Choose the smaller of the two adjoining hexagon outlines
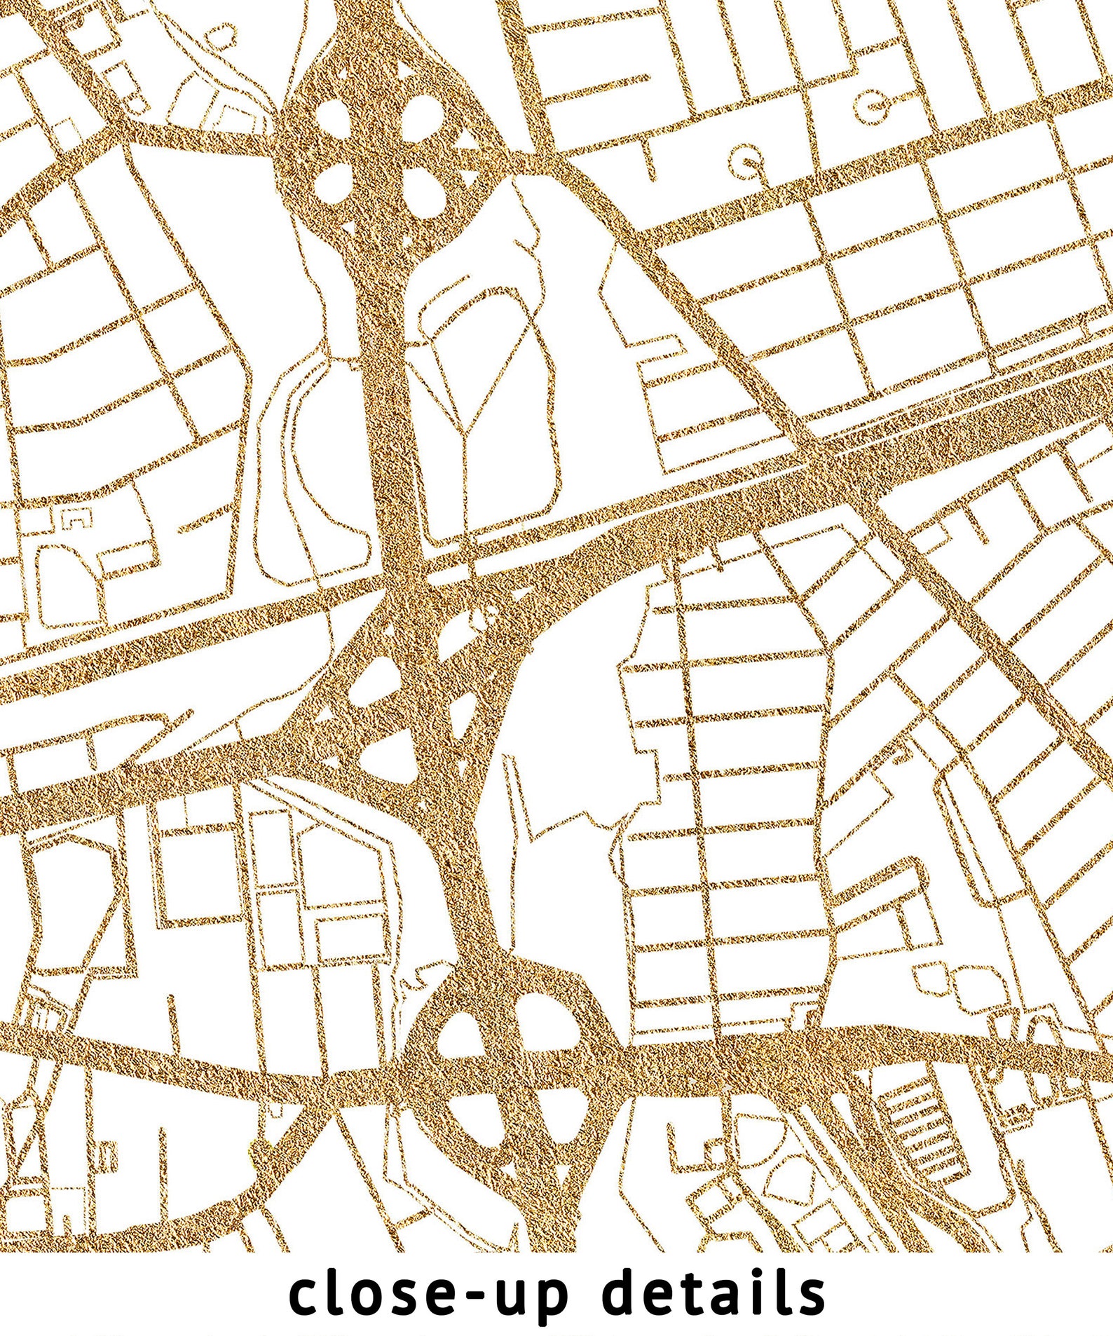coord(930,976)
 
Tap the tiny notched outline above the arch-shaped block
coord(77,518)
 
